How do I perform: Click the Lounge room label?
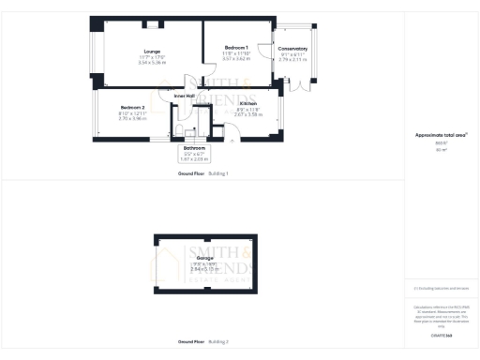point(151,52)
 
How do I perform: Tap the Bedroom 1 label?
point(236,48)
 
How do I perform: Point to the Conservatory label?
point(292,48)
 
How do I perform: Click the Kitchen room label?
point(248,104)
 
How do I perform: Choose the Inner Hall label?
point(185,96)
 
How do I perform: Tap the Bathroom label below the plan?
point(194,148)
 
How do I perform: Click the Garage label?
point(204,258)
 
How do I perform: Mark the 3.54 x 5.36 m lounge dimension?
point(151,63)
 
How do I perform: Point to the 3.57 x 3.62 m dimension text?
point(236,58)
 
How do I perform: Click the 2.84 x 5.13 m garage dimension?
point(204,269)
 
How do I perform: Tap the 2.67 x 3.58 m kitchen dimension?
point(248,114)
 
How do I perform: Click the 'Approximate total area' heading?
point(441,135)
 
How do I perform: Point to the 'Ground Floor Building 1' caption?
point(203,174)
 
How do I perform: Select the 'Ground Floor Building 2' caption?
point(203,341)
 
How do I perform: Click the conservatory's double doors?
point(302,85)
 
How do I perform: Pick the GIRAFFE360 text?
point(442,335)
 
